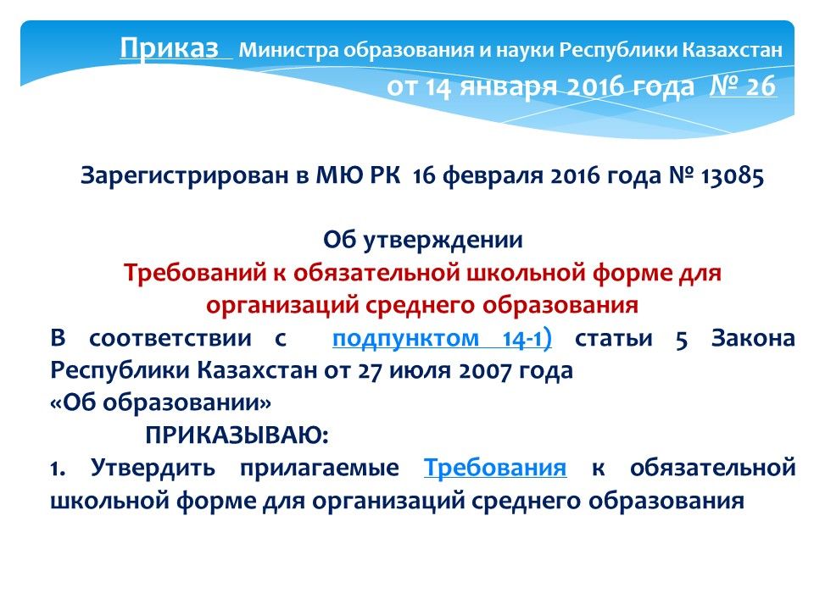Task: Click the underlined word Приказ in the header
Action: tap(170, 48)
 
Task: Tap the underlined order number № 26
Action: tap(743, 86)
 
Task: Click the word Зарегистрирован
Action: tap(184, 175)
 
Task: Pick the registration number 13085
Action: tap(733, 176)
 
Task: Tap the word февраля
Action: tap(492, 176)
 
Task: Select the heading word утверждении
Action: tap(443, 241)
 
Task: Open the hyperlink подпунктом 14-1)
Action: tap(442, 339)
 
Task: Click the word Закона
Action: tap(753, 338)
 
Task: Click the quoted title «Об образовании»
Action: tap(160, 402)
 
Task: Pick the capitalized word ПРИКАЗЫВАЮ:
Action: tap(237, 435)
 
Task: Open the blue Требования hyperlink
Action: tap(494, 468)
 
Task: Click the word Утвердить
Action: tap(153, 468)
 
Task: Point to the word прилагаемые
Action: tap(320, 469)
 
